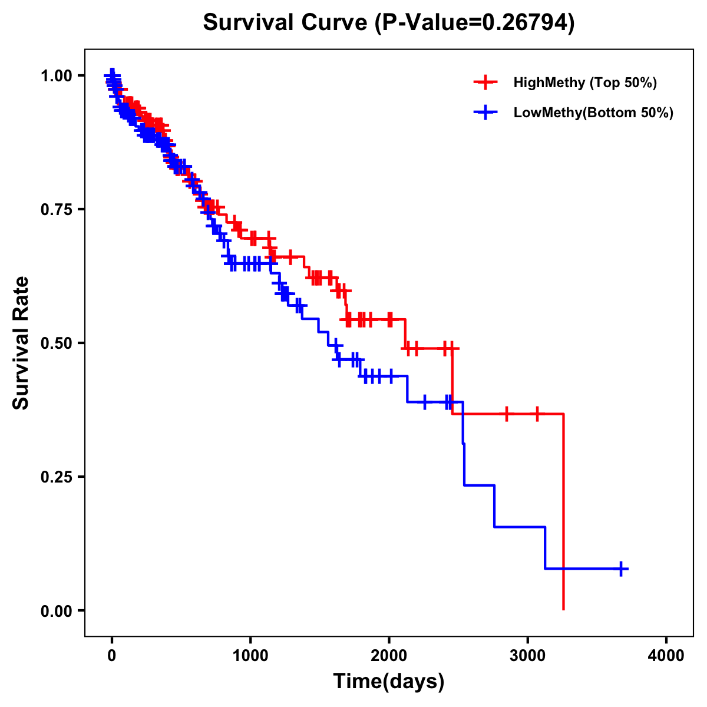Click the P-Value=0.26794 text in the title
coord(475,23)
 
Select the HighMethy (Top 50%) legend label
coord(584,82)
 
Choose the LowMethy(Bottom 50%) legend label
coord(593,113)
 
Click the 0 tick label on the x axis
coord(112,656)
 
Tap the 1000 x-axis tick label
coord(250,656)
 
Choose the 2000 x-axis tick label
coord(389,656)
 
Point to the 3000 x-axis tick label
coord(528,656)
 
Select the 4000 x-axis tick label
coord(666,656)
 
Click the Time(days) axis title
coord(389,682)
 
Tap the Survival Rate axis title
coord(21,343)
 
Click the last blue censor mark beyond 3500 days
coord(621,569)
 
